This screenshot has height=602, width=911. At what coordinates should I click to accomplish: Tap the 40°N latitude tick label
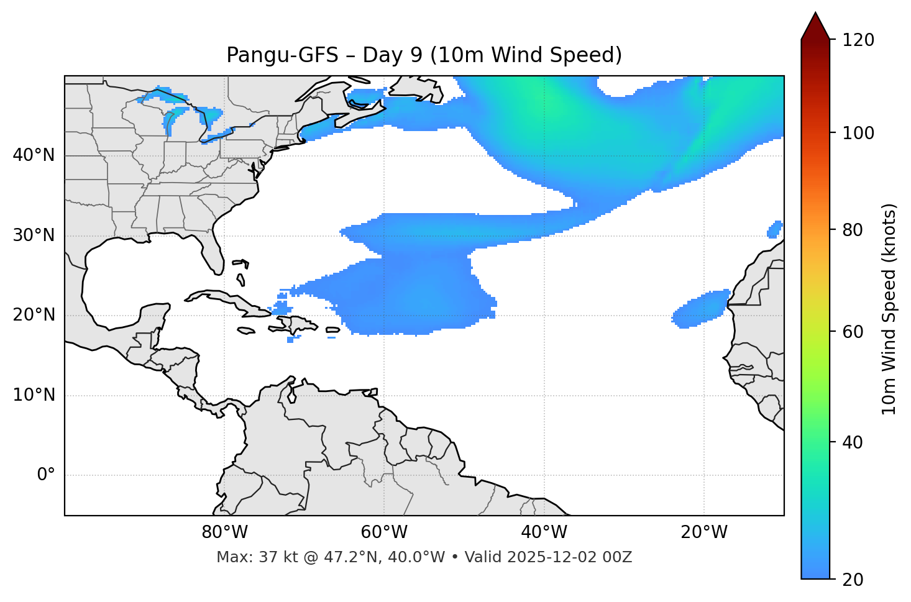pyautogui.click(x=34, y=155)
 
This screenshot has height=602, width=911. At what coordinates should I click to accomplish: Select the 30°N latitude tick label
pyautogui.click(x=34, y=235)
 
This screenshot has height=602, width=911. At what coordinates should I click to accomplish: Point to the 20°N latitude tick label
pyautogui.click(x=34, y=315)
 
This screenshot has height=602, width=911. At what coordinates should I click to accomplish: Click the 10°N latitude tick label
pyautogui.click(x=34, y=395)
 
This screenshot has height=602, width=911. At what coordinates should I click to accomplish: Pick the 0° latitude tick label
pyautogui.click(x=46, y=475)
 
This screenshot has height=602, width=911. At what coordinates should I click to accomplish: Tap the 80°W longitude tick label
pyautogui.click(x=224, y=532)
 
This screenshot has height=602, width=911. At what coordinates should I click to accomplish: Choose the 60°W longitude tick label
pyautogui.click(x=384, y=532)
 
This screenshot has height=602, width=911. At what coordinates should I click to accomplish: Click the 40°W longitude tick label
pyautogui.click(x=544, y=532)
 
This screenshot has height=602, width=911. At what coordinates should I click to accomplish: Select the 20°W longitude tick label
pyautogui.click(x=703, y=532)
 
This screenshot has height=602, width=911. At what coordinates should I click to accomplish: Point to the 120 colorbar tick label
pyautogui.click(x=858, y=40)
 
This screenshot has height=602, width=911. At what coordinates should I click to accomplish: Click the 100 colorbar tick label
pyautogui.click(x=858, y=133)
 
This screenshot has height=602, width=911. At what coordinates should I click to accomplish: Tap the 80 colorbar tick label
pyautogui.click(x=853, y=230)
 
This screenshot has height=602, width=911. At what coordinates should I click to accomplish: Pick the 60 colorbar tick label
pyautogui.click(x=853, y=332)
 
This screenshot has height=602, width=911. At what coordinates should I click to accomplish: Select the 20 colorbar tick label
pyautogui.click(x=853, y=580)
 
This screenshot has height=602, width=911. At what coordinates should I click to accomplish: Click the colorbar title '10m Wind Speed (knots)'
pyautogui.click(x=889, y=309)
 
